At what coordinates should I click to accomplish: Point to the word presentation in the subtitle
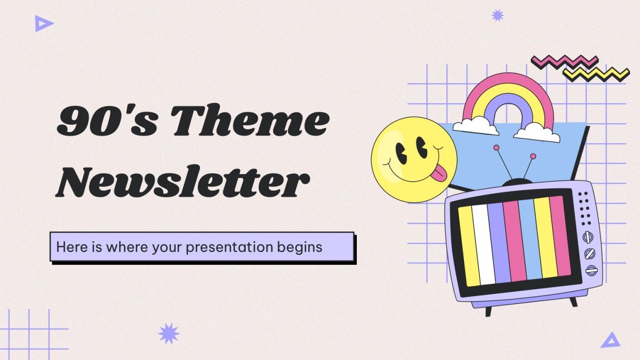click(x=230, y=247)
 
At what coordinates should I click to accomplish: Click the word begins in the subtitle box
click(x=301, y=247)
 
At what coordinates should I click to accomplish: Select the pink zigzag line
click(x=564, y=62)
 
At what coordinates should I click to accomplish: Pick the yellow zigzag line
click(x=596, y=74)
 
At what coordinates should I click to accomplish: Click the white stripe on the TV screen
click(x=483, y=244)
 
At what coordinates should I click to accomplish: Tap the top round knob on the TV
click(x=587, y=237)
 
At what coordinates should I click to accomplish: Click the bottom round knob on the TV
click(x=592, y=270)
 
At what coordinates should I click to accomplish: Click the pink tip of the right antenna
click(x=532, y=156)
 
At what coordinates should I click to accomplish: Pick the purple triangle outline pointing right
click(x=44, y=23)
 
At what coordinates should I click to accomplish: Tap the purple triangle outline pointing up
click(x=610, y=340)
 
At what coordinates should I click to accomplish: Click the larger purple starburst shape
click(x=168, y=333)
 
